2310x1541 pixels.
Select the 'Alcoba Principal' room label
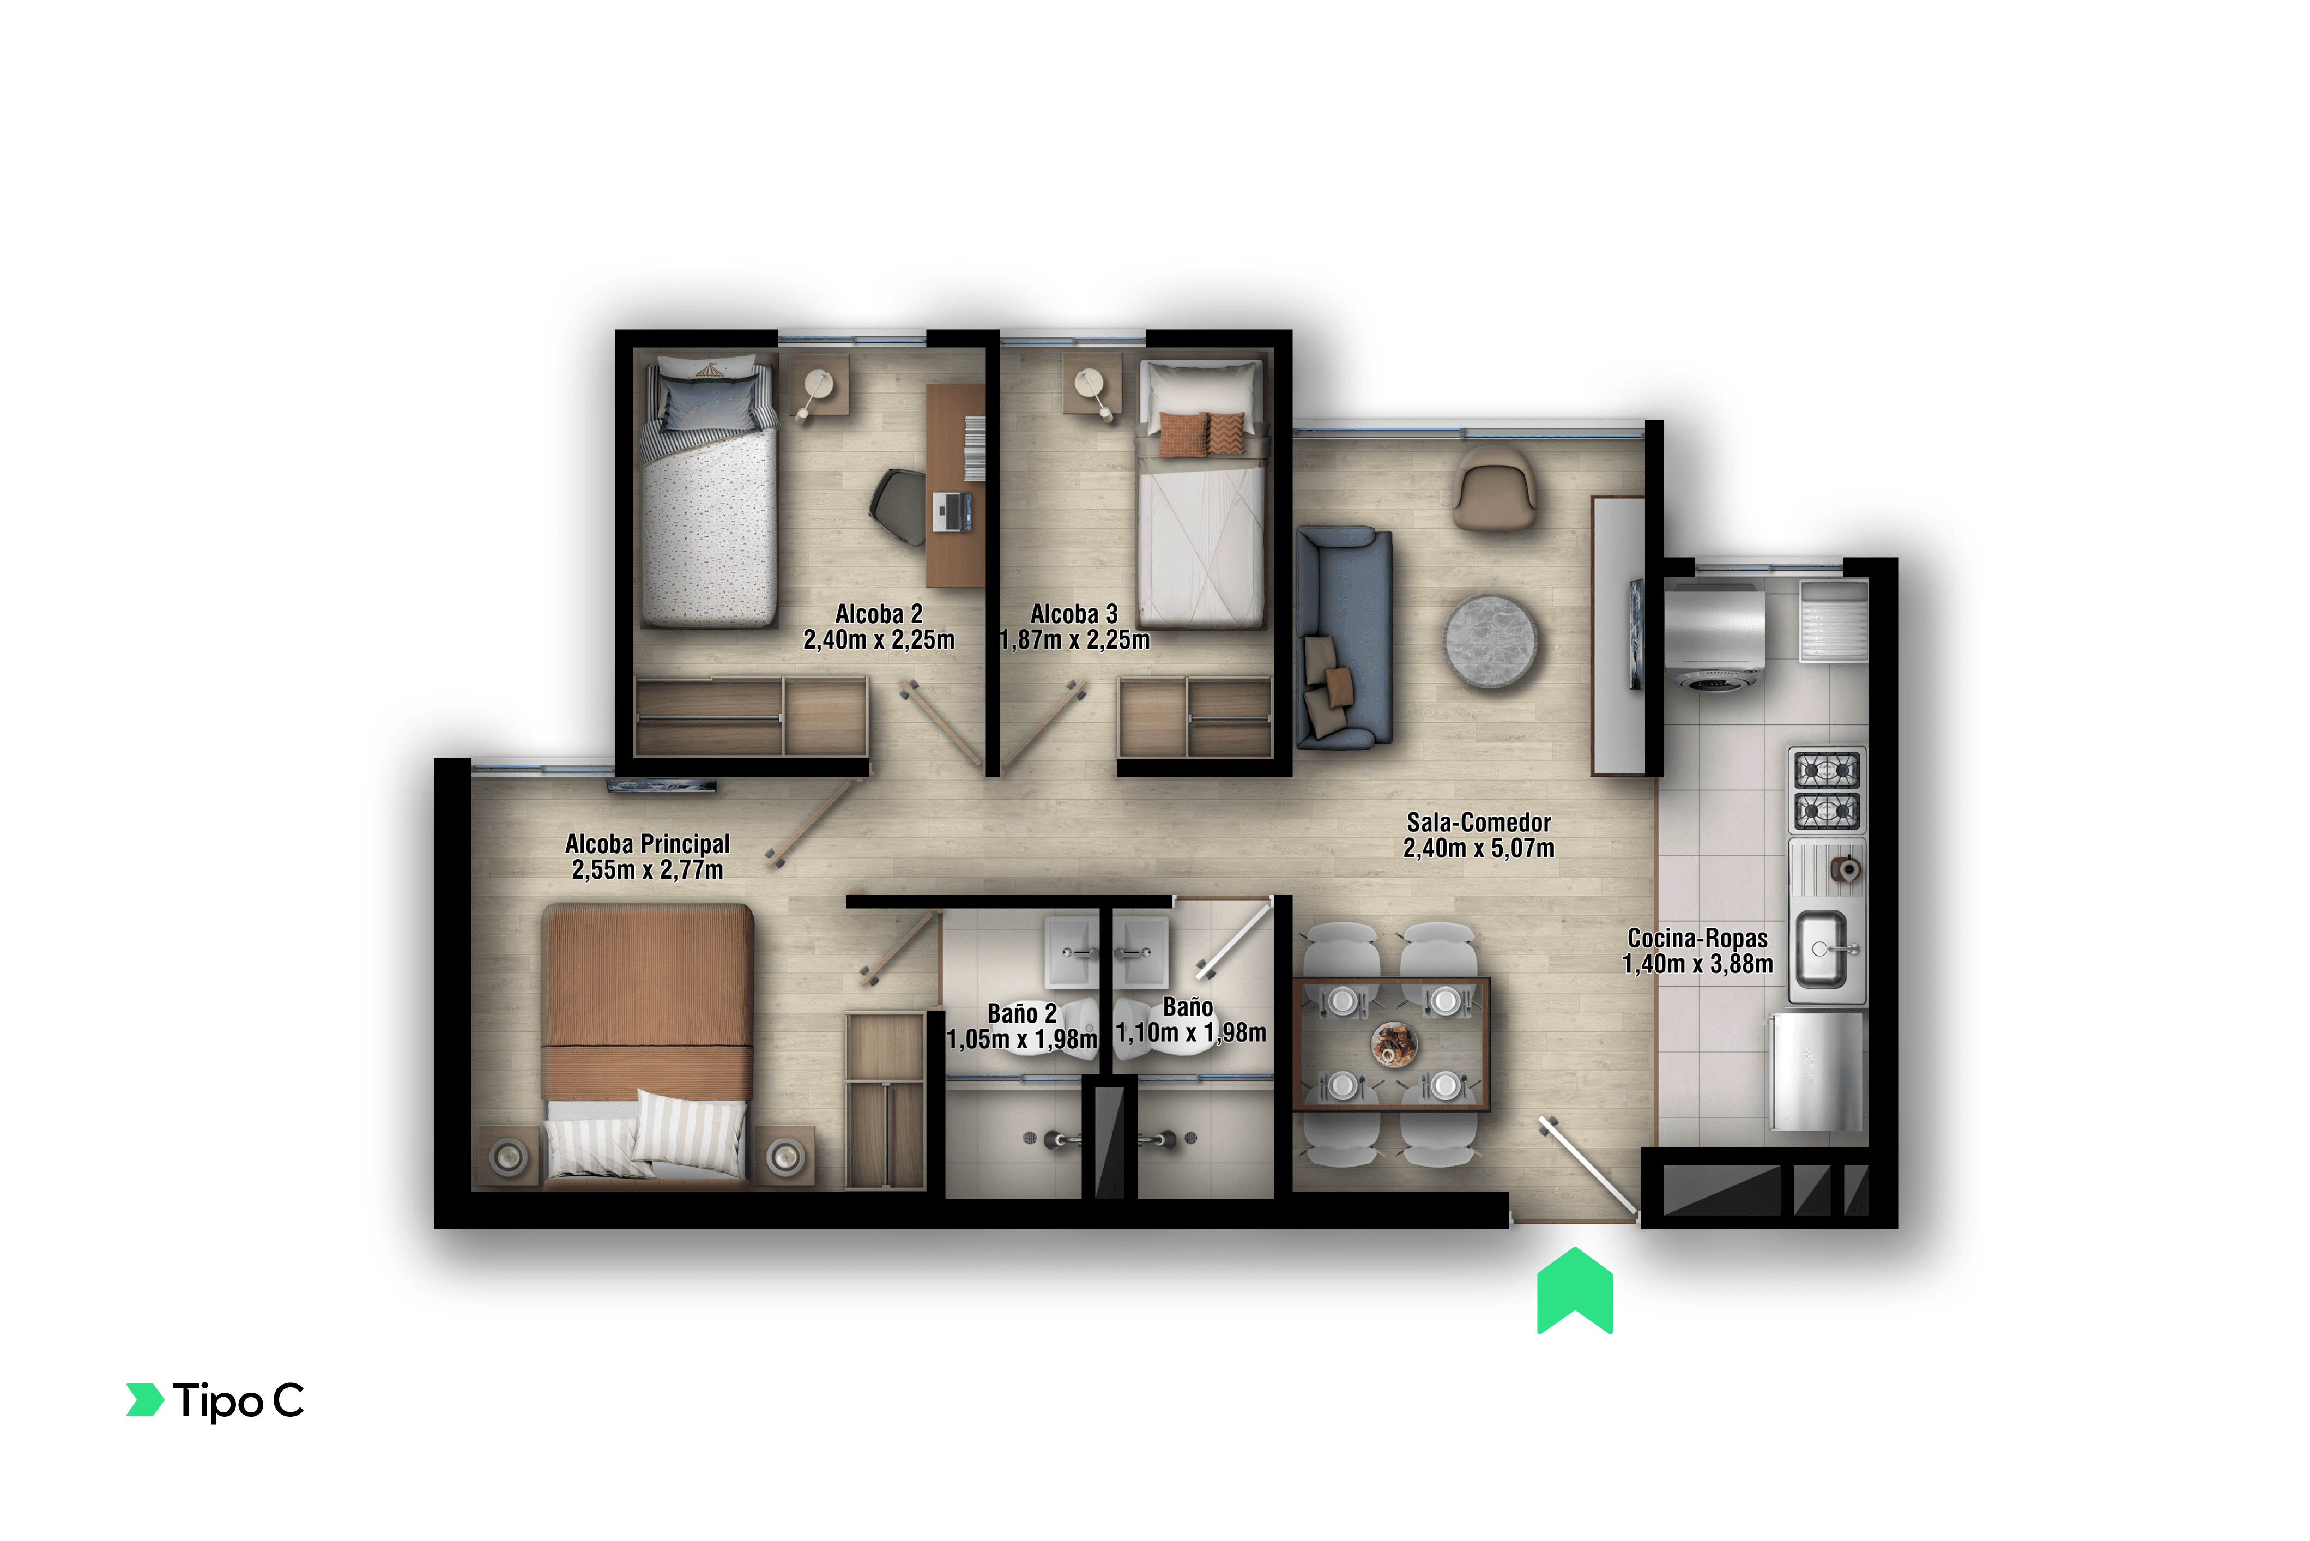648,843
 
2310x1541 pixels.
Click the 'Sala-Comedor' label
1479,821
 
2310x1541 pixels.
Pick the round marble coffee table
1491,641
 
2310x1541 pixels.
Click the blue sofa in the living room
1343,637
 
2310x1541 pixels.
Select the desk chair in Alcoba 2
898,507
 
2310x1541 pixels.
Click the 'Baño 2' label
1022,1013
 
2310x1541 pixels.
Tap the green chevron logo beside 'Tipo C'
146,1400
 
